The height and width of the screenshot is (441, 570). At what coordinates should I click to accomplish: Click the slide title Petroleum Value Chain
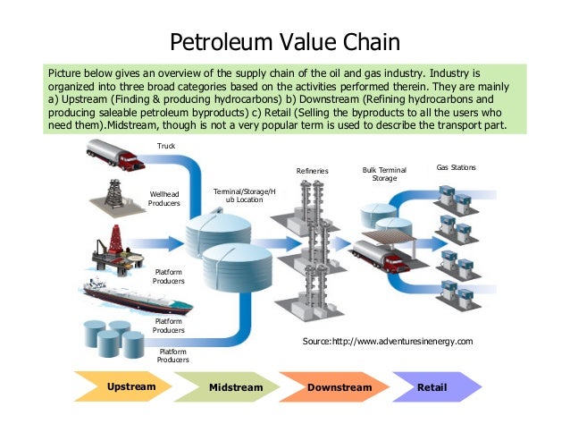tap(285, 41)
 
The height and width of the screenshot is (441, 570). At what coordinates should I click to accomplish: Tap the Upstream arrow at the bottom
tap(130, 386)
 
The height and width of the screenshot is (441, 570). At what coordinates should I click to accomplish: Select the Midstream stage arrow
tap(233, 387)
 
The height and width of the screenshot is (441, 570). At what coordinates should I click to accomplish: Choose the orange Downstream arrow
tap(337, 387)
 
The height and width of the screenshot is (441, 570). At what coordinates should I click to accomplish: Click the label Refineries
tap(313, 171)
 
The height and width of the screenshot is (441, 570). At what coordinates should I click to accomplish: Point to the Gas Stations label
tap(456, 167)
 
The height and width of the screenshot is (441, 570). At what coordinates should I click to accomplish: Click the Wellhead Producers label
tap(164, 199)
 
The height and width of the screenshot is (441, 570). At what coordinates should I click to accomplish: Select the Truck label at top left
tap(166, 145)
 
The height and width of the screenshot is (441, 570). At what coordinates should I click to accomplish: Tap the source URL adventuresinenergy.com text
tap(388, 342)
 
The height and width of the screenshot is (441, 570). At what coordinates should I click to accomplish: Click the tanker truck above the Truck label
tap(115, 158)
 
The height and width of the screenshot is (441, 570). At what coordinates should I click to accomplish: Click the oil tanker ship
tap(115, 291)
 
